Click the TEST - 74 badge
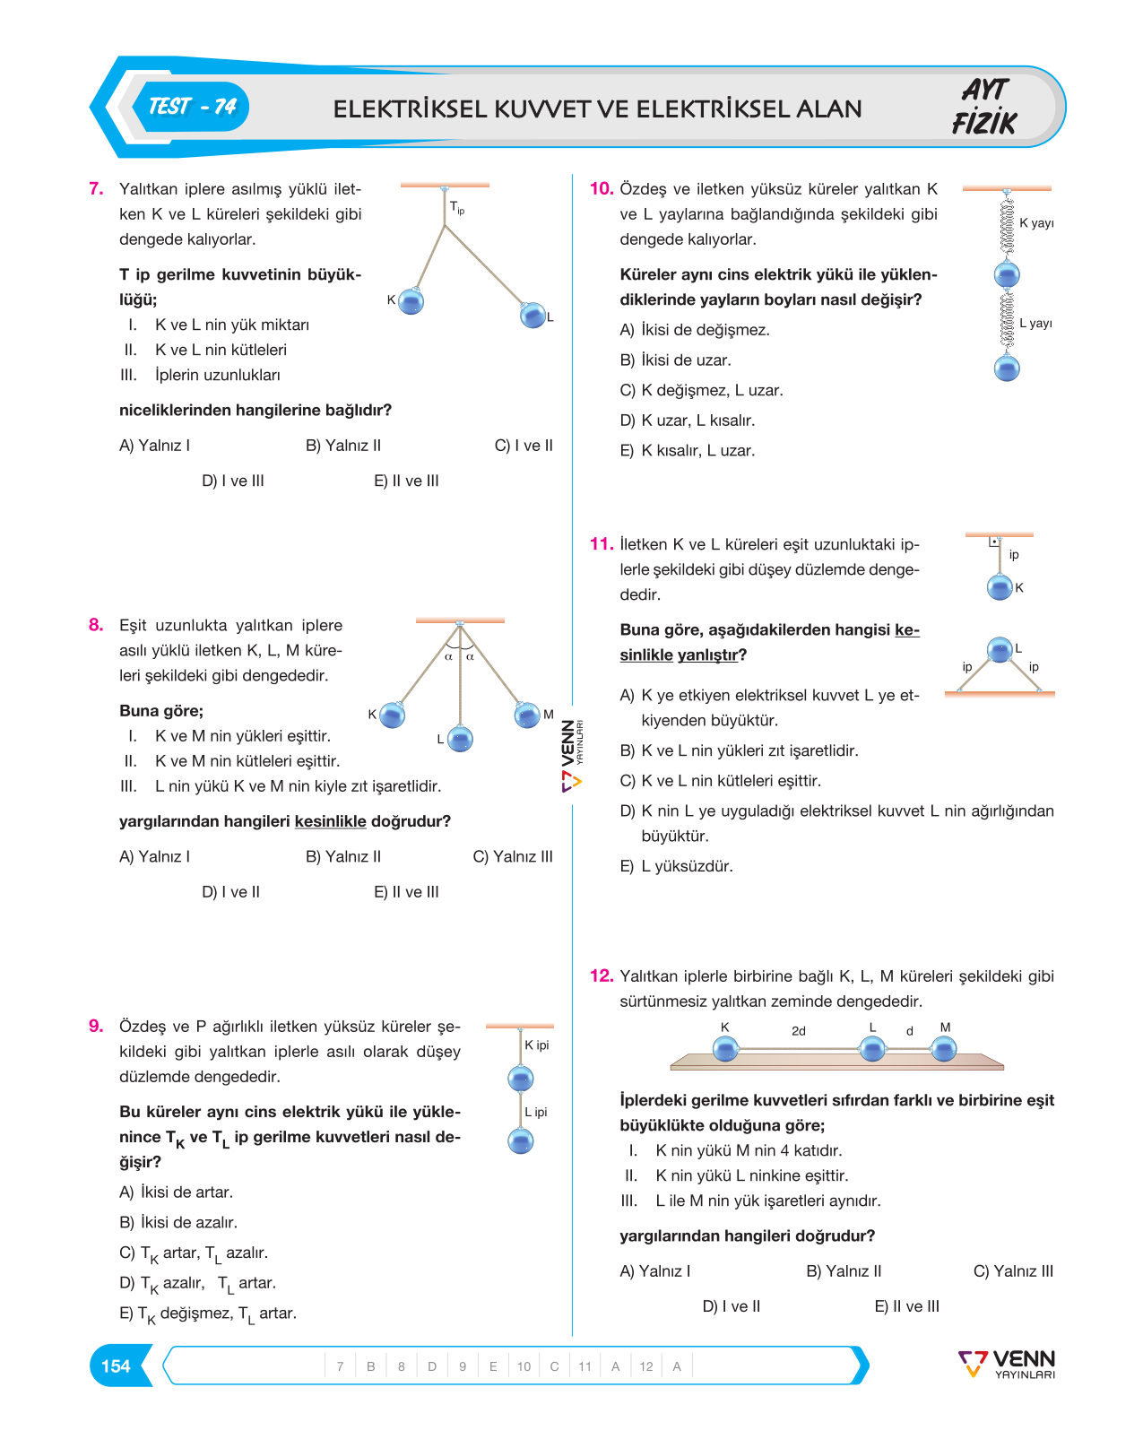(x=192, y=107)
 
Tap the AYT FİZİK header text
(x=984, y=107)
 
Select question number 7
(x=96, y=188)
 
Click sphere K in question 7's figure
(x=411, y=300)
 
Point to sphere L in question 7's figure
(x=533, y=315)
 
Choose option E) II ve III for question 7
(x=406, y=481)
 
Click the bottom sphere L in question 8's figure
(x=460, y=739)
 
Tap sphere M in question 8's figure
(x=527, y=715)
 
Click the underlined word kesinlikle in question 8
(x=330, y=821)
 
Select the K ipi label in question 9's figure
(x=537, y=1045)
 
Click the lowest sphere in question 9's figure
(x=521, y=1141)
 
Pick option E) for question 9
(x=208, y=1314)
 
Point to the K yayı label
(x=1036, y=222)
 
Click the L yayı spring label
(x=1036, y=323)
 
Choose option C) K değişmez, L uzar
(x=702, y=390)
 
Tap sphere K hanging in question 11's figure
(x=1000, y=587)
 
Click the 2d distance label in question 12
(x=799, y=1031)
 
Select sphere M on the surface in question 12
(x=944, y=1048)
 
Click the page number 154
(x=116, y=1366)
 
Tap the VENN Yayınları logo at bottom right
(x=1007, y=1364)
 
